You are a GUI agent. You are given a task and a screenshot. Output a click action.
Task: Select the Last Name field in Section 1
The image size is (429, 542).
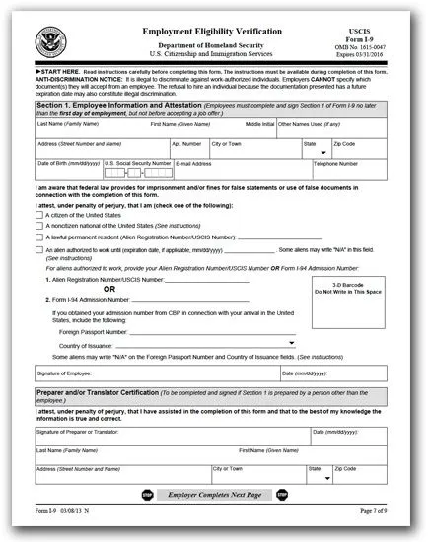[x=89, y=129]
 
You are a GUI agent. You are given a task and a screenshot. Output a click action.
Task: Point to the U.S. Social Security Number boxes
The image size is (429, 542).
[x=136, y=173]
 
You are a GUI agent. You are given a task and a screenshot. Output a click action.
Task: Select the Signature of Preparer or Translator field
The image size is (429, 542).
[x=168, y=436]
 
